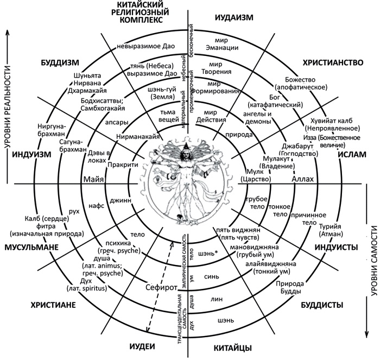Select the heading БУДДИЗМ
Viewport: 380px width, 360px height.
[61, 62]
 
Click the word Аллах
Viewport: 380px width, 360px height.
[303, 179]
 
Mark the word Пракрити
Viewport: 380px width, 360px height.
[122, 164]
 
